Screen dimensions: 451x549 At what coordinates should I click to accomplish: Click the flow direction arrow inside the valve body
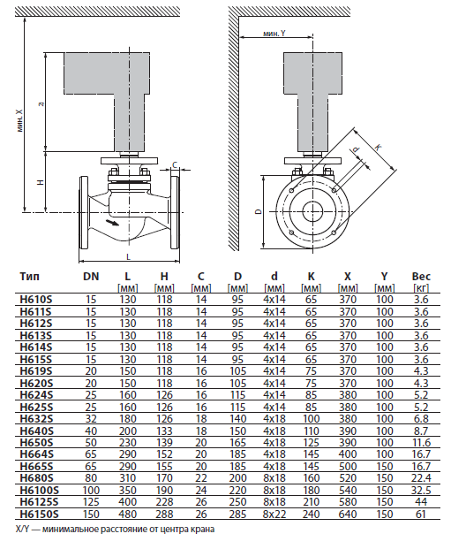click(112, 223)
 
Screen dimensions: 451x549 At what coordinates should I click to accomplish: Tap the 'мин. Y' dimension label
click(274, 34)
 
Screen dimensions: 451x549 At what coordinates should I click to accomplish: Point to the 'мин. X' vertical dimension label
click(19, 120)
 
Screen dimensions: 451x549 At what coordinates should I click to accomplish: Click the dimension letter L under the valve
click(128, 257)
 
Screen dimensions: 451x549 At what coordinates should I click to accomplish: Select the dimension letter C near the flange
click(175, 164)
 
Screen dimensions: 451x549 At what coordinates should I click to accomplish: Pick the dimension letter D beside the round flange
click(259, 211)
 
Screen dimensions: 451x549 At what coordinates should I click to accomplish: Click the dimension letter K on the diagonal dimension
click(378, 148)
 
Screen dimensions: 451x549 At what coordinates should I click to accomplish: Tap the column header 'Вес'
click(421, 276)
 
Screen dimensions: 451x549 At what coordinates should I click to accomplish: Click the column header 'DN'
click(91, 276)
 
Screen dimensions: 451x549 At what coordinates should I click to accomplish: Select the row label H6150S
click(39, 514)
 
